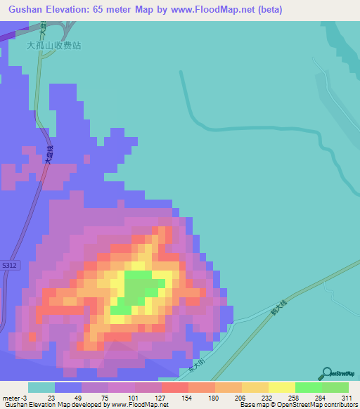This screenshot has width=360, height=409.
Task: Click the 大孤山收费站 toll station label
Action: [54, 45]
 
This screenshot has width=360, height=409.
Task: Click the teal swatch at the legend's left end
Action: [41, 387]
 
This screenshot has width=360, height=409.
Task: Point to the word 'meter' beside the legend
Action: [12, 398]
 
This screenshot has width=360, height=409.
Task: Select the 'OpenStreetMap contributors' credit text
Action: [317, 405]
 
